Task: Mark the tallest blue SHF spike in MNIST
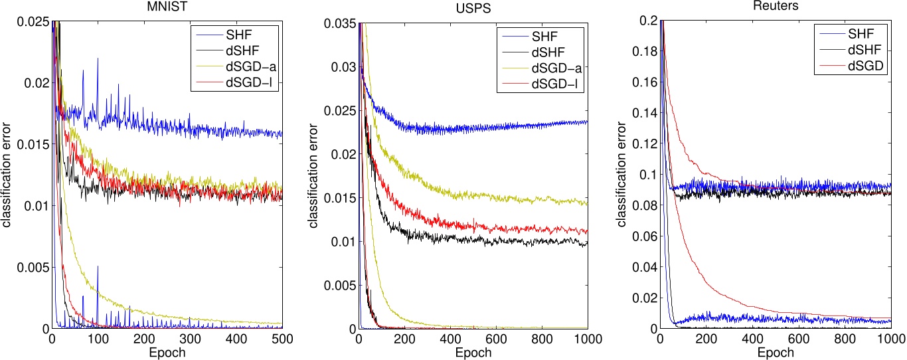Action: [x=98, y=58]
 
